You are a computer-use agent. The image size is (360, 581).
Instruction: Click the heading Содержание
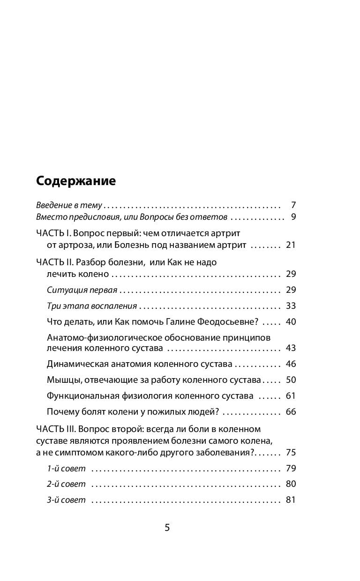76,181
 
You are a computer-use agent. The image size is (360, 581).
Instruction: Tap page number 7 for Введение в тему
293,205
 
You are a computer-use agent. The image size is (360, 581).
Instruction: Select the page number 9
293,217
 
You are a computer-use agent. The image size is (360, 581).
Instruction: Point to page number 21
291,245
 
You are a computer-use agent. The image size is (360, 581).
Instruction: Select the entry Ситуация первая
82,290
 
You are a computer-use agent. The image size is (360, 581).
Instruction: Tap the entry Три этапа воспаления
92,306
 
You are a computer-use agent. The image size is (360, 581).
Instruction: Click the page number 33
291,306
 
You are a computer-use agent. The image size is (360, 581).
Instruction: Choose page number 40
291,322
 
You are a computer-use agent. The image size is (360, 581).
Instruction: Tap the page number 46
291,364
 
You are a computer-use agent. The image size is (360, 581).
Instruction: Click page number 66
291,412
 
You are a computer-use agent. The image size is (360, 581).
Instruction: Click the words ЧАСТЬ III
56,429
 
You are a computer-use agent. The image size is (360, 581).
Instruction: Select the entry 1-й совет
67,469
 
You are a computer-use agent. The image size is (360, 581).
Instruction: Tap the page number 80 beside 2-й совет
291,484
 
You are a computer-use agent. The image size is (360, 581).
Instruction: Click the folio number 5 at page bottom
167,528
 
